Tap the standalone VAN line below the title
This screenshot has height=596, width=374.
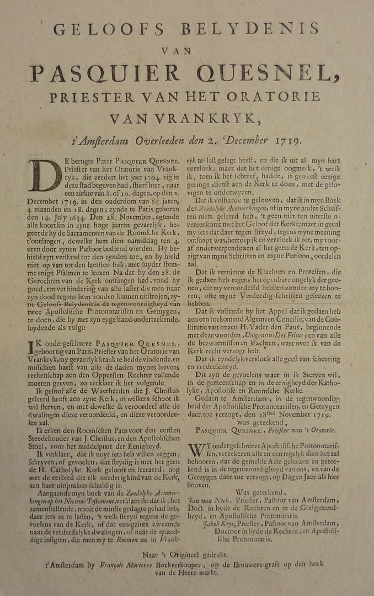point(186,51)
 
